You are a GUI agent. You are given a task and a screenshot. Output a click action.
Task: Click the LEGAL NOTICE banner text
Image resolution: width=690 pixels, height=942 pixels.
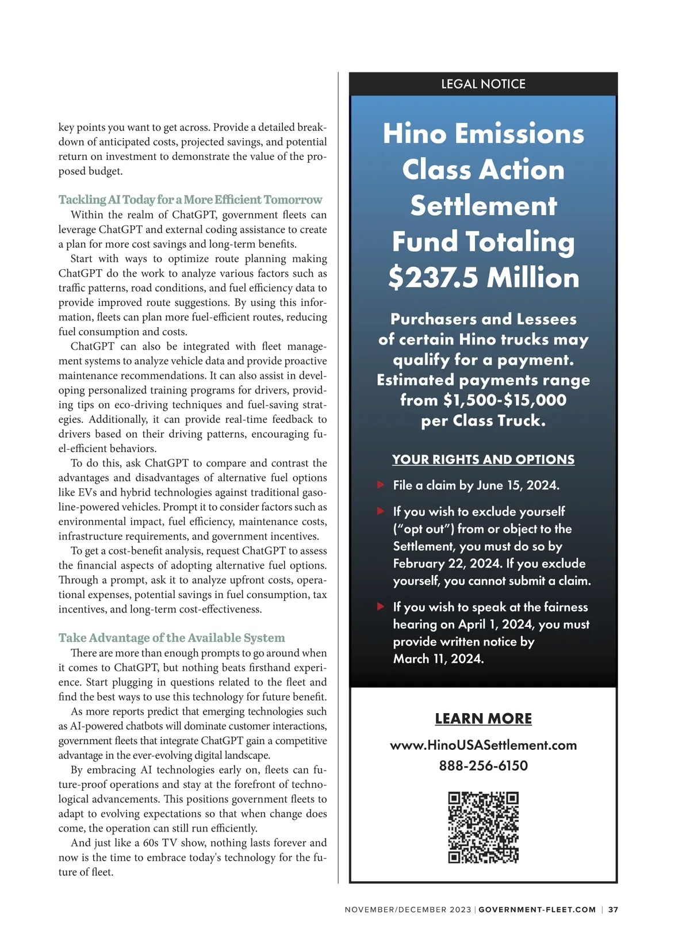(x=483, y=84)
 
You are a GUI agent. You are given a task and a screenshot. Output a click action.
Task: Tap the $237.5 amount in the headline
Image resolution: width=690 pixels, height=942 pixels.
(x=433, y=277)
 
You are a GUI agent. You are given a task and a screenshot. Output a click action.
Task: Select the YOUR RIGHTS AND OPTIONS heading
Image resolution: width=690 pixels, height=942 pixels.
(x=483, y=459)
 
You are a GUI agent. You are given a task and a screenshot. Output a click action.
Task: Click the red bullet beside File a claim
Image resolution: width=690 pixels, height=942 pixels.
(x=380, y=485)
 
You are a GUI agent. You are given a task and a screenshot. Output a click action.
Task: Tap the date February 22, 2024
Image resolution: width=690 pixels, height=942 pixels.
(x=446, y=564)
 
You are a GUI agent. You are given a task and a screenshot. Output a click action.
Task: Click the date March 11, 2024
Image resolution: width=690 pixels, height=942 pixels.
(x=438, y=659)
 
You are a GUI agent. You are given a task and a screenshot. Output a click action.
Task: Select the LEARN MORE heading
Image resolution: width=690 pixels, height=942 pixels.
(x=483, y=719)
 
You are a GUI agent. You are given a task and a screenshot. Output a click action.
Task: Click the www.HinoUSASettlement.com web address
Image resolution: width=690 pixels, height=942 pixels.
(x=483, y=745)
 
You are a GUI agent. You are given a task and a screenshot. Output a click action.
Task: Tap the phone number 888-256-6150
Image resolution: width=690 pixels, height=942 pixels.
(x=483, y=766)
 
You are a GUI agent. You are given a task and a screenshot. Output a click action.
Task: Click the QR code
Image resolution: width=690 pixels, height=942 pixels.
(x=483, y=828)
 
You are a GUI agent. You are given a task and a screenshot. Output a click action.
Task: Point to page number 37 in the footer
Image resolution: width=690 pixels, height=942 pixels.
(x=613, y=910)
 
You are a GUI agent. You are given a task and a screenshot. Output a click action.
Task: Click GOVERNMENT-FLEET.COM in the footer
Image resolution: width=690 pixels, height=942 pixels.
(x=537, y=910)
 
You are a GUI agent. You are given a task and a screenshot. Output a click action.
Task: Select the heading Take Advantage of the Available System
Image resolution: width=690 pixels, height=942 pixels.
(x=171, y=638)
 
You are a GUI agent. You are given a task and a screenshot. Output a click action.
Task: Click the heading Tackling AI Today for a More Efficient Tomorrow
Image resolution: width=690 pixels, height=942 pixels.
(x=190, y=200)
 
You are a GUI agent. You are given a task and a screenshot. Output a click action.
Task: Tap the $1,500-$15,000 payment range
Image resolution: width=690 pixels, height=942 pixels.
(x=504, y=400)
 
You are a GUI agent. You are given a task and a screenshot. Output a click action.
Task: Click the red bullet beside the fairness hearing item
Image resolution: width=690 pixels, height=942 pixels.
(x=380, y=606)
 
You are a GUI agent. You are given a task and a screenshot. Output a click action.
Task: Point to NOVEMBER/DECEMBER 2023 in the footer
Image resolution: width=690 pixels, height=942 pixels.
(x=408, y=910)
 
